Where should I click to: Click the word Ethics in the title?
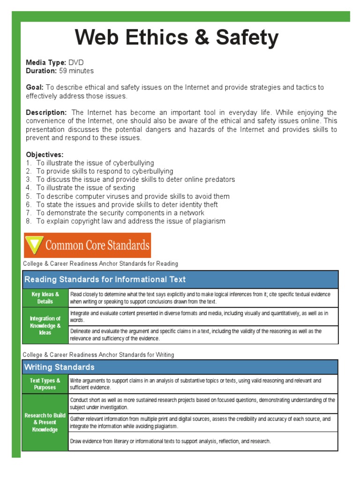click(x=157, y=37)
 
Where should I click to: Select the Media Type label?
click(x=46, y=62)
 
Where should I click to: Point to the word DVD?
click(x=76, y=62)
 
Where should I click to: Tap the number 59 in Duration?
click(x=63, y=71)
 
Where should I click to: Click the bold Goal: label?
click(x=35, y=87)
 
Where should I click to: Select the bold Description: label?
click(x=46, y=112)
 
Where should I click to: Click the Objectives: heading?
click(x=45, y=154)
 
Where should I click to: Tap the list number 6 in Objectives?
click(x=28, y=204)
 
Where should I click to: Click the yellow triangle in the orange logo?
click(x=33, y=245)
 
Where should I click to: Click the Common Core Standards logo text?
click(x=97, y=245)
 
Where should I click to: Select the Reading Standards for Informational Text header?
click(x=105, y=279)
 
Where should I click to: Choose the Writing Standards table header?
click(x=59, y=367)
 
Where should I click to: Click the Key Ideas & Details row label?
click(x=45, y=298)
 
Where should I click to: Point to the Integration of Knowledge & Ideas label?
click(x=45, y=325)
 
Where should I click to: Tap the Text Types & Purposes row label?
click(x=45, y=384)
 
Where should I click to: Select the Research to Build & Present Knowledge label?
click(x=45, y=422)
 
